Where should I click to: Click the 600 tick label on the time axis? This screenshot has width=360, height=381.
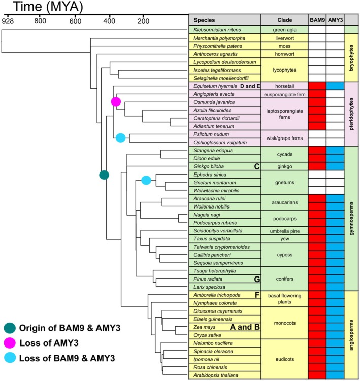coord(75,21)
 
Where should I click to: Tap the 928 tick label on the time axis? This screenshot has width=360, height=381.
coord(8,21)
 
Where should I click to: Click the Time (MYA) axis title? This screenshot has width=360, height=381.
coord(48,7)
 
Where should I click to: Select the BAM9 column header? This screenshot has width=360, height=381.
coord(317,20)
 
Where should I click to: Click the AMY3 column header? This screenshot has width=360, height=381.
coord(335,20)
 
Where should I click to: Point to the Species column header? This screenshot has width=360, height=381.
coord(204,20)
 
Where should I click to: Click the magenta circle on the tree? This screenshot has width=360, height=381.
coord(116,101)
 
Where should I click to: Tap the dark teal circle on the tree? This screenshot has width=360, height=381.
coord(104,175)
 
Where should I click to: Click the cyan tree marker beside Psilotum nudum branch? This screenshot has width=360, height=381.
coord(121,138)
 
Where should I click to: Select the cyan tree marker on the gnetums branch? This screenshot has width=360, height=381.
coord(146,180)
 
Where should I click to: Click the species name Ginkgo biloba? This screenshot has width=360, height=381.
coord(209,167)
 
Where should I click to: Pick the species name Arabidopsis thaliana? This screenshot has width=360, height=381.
coord(216,375)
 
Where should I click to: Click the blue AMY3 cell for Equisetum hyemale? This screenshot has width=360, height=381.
coord(335,86)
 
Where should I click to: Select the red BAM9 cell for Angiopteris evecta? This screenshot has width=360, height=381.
coord(317,94)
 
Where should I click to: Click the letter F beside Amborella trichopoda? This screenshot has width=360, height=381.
coord(257,295)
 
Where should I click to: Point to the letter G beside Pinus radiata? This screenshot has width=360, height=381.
coord(257,279)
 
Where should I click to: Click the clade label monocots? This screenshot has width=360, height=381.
coord(284,323)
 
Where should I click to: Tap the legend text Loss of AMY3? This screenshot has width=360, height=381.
coord(49,343)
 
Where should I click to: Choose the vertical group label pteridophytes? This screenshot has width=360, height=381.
coord(351,114)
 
